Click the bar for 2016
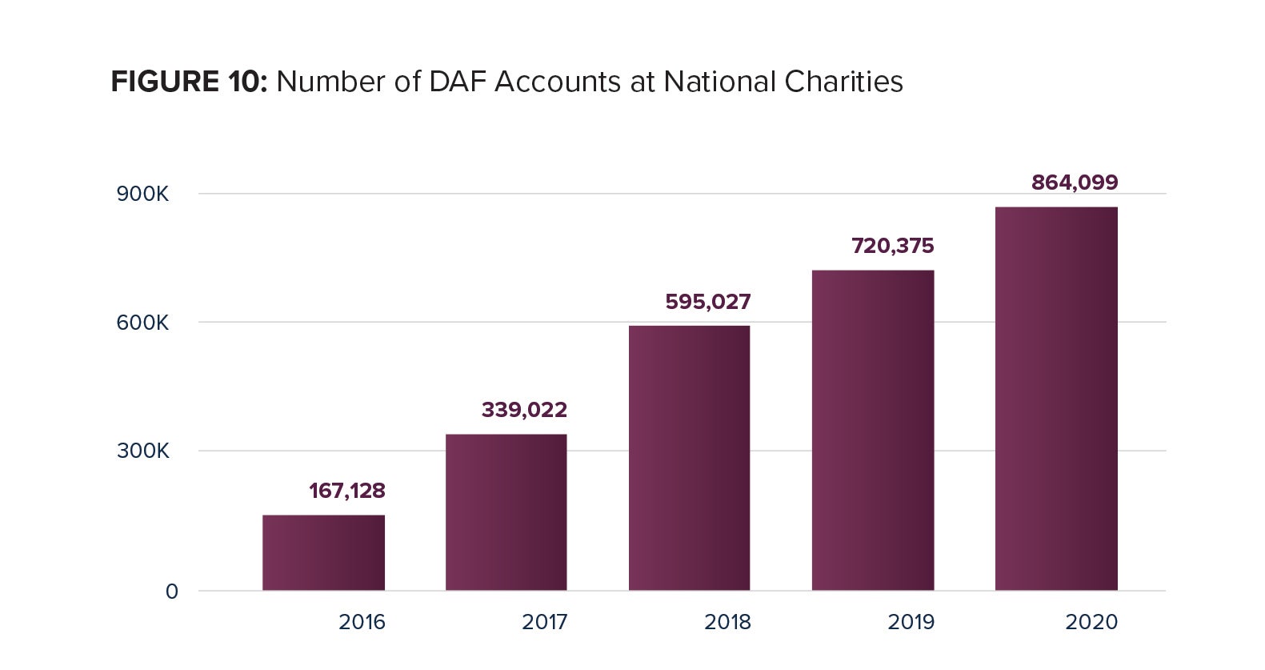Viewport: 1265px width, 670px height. pos(323,552)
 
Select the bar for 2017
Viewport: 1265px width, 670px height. pos(506,512)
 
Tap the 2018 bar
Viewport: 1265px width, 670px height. pos(689,458)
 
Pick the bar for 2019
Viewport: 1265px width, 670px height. pos(872,431)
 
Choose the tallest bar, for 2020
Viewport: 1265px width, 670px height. pos(1055,399)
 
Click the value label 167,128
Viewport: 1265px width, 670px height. pos(347,491)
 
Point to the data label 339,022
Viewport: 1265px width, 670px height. pos(524,410)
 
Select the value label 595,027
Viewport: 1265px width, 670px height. pos(708,302)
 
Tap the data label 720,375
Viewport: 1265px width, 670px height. pos(892,246)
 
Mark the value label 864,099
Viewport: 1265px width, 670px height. pos(1075,183)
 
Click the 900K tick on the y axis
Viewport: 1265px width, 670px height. pos(142,195)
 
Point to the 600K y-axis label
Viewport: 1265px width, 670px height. pos(142,323)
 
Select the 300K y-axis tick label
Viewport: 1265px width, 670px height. pos(142,451)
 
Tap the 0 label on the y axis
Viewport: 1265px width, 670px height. pos(172,592)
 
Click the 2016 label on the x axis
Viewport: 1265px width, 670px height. pos(362,622)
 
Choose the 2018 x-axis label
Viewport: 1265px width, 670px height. pos(727,622)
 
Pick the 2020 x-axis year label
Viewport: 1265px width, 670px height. pos(1091,622)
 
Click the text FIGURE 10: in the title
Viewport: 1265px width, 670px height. pos(189,82)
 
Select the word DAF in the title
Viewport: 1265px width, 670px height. pos(457,82)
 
